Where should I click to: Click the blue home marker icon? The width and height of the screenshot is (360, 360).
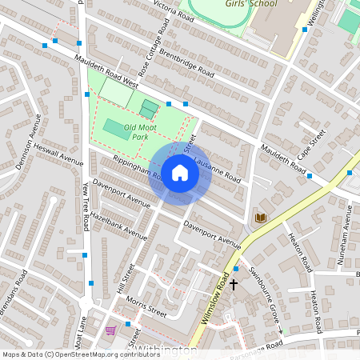[180, 174]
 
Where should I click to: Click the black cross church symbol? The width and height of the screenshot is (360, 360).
[234, 284]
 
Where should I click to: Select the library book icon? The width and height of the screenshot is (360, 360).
[260, 218]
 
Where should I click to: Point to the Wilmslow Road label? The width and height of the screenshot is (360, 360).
[214, 299]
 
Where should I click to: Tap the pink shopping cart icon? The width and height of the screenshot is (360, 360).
[110, 330]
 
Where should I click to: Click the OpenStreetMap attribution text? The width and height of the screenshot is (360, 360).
[70, 354]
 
